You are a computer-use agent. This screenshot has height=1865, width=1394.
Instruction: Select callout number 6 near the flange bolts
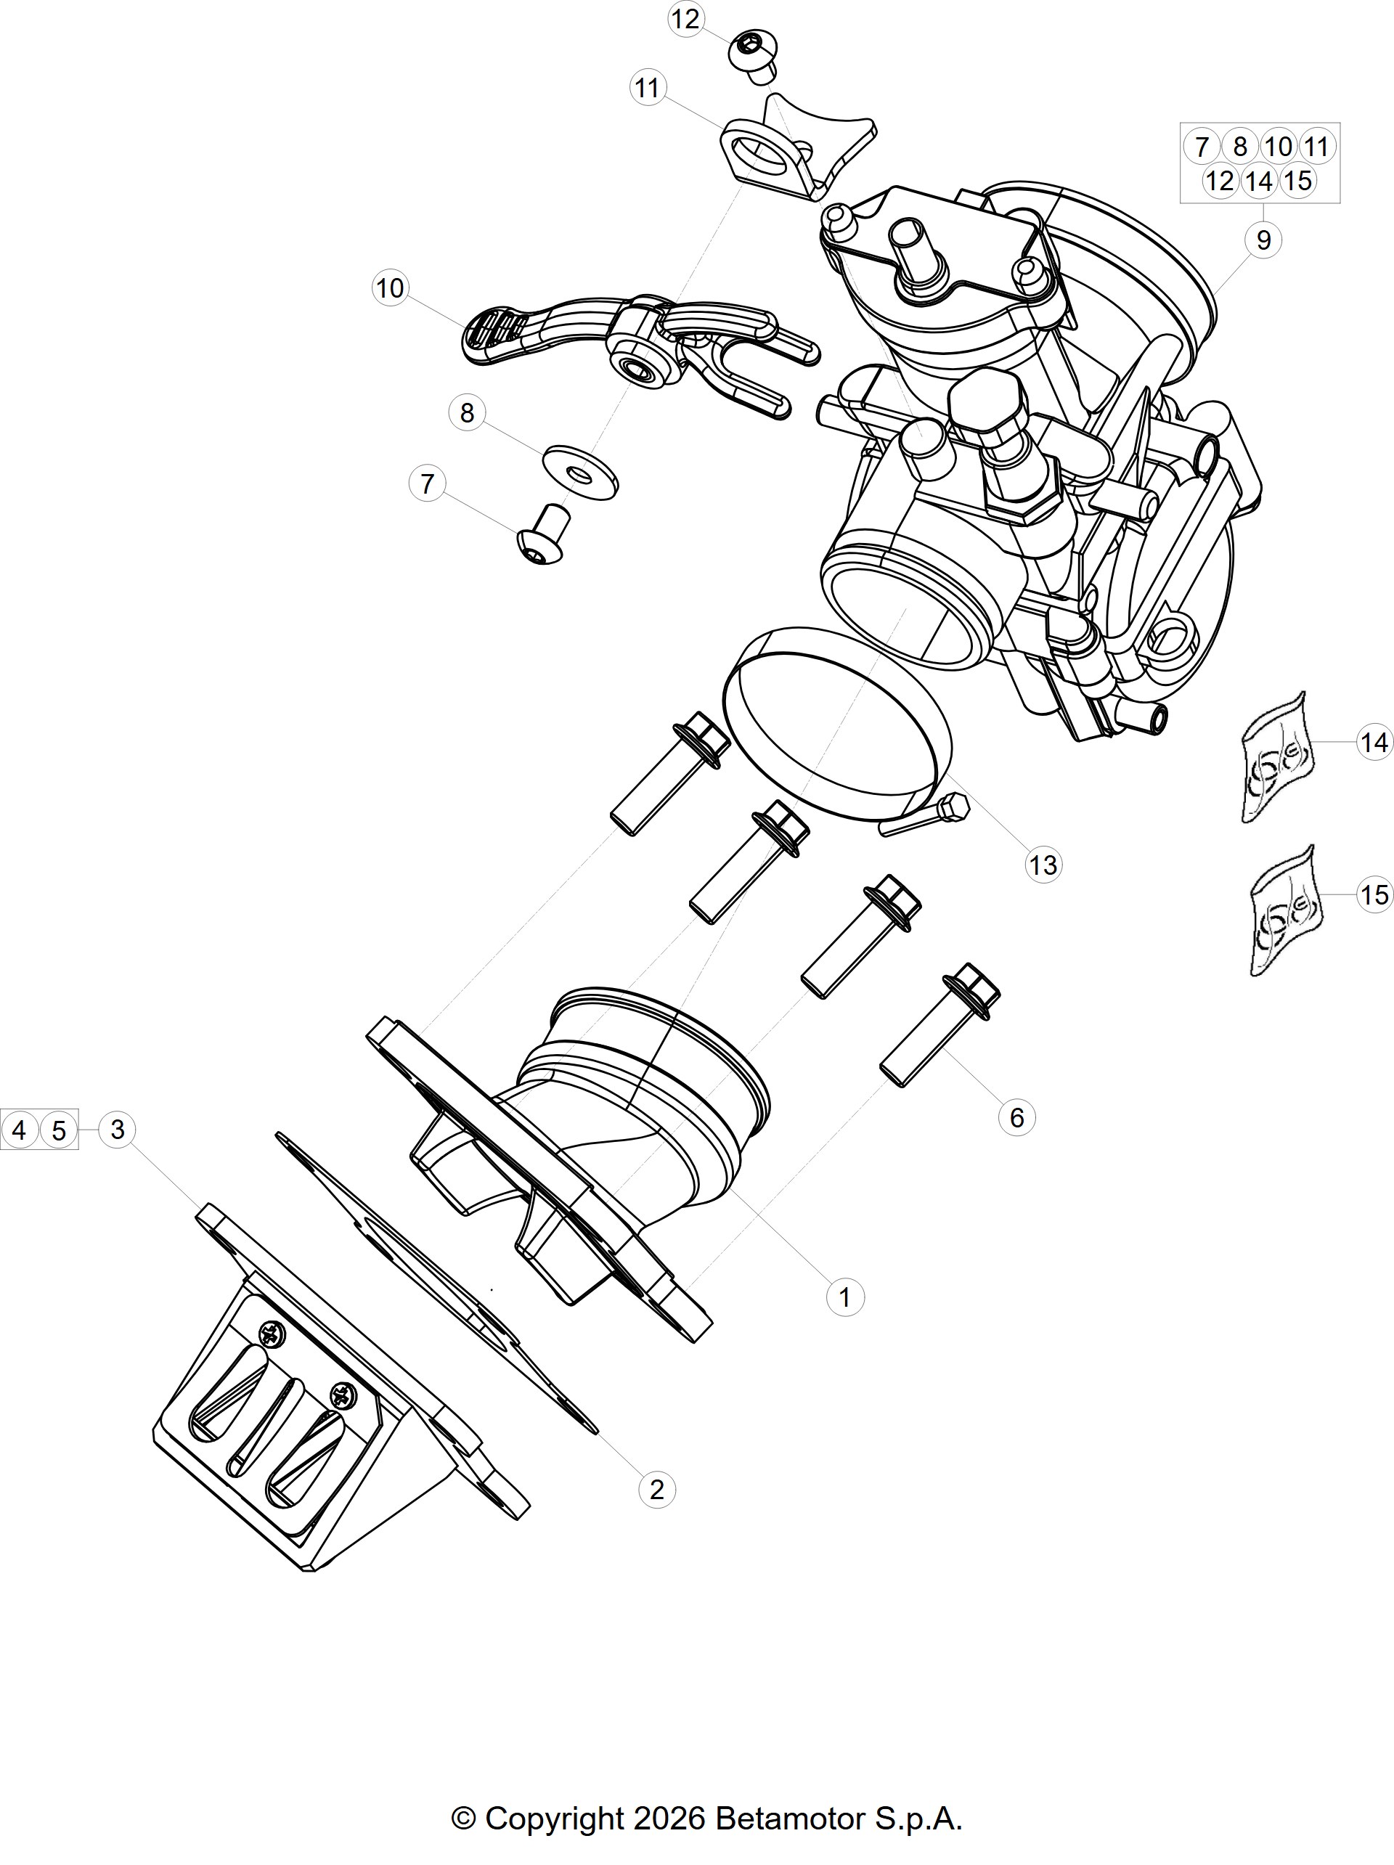pyautogui.click(x=1016, y=1117)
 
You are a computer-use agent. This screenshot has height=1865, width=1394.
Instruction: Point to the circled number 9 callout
pyautogui.click(x=1263, y=240)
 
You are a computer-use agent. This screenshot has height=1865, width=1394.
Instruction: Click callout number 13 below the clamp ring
pyautogui.click(x=1043, y=865)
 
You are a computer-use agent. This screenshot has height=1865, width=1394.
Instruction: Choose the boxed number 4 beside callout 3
pyautogui.click(x=20, y=1130)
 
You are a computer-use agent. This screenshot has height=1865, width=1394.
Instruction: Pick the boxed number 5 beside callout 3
pyautogui.click(x=58, y=1130)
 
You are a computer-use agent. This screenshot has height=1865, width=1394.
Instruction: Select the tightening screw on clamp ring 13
pyautogui.click(x=925, y=816)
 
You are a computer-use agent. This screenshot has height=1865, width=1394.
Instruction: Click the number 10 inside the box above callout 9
pyautogui.click(x=1279, y=147)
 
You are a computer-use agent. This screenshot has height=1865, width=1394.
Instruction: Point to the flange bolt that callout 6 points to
pyautogui.click(x=940, y=1024)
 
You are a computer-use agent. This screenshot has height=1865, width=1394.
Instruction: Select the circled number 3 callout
pyautogui.click(x=117, y=1130)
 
